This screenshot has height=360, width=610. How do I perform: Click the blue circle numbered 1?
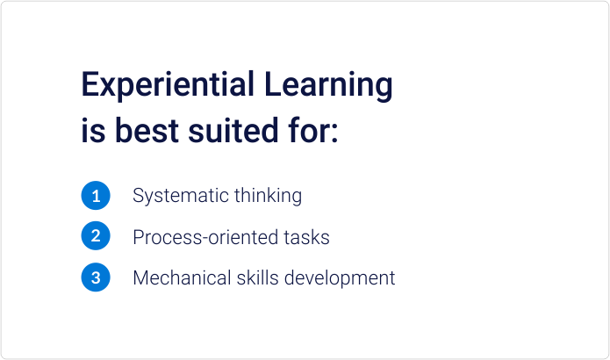pyautogui.click(x=96, y=196)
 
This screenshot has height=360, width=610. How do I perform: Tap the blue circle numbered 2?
pyautogui.click(x=96, y=236)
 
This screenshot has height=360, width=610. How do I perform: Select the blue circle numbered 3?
pyautogui.click(x=96, y=278)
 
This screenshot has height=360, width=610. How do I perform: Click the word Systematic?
pyautogui.click(x=181, y=196)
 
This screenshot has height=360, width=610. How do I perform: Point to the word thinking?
pyautogui.click(x=268, y=196)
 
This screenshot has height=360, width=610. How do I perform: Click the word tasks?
pyautogui.click(x=307, y=237)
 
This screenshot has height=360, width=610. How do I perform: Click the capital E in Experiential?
pyautogui.click(x=89, y=85)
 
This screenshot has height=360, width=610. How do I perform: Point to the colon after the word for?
pyautogui.click(x=334, y=135)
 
